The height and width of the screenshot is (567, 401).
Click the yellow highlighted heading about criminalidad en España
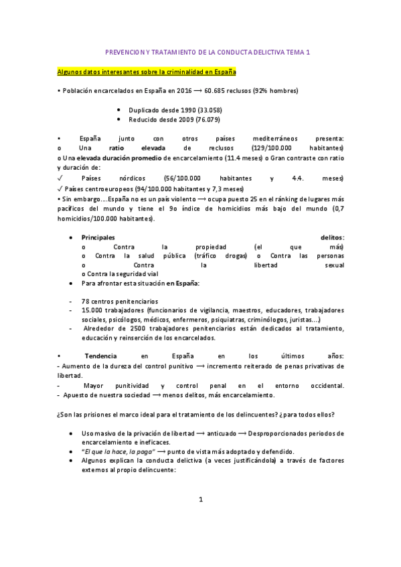[146, 71]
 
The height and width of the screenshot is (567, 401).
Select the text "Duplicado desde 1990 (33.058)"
[175, 110]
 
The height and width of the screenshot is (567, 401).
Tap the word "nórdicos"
[130, 179]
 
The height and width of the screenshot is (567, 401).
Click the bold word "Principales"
[98, 237]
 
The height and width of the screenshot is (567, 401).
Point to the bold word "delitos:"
[333, 237]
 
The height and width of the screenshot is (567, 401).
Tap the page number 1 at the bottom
[200, 499]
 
